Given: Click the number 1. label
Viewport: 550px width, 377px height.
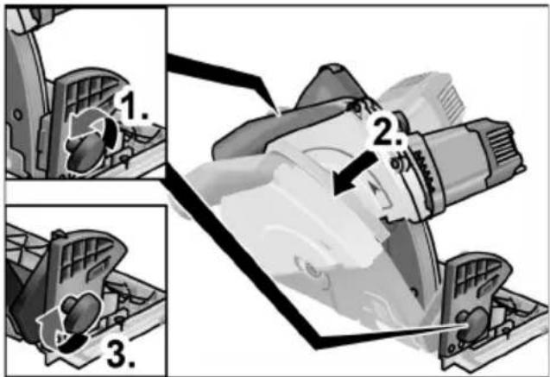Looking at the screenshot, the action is tap(134, 107).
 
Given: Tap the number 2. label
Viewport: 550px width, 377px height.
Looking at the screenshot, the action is tap(387, 130).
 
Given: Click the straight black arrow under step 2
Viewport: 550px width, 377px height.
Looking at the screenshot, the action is tap(354, 173).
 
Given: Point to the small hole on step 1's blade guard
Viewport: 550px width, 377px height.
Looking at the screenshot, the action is tap(17, 114).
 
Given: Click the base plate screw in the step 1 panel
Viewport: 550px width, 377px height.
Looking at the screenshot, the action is tap(123, 159).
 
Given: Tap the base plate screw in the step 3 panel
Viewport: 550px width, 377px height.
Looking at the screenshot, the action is tap(120, 320).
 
